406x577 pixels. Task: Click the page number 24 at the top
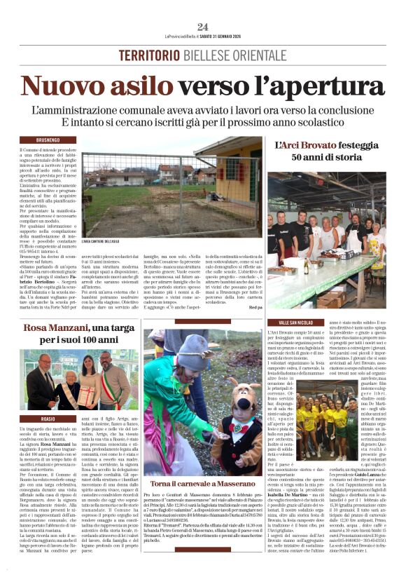pyautogui.click(x=203, y=27)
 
